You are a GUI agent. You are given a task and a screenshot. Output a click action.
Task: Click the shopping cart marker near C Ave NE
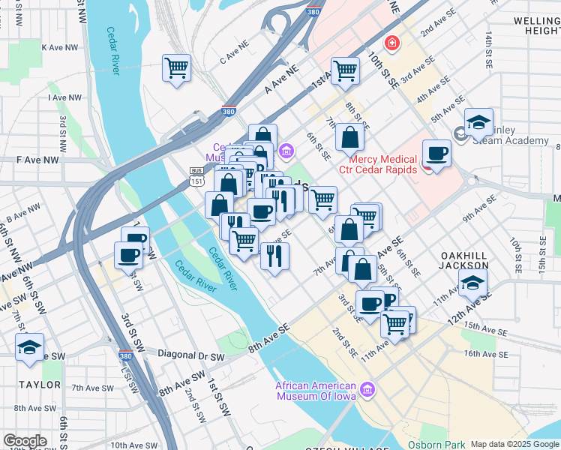tap(177, 68)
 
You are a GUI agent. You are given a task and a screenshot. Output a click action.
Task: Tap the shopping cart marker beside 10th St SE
tap(345, 71)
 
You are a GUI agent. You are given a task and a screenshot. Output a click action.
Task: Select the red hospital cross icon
tap(391, 42)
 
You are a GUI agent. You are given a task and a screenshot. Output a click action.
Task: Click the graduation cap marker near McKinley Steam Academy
tap(478, 122)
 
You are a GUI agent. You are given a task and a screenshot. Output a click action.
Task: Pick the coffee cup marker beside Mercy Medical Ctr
tap(436, 154)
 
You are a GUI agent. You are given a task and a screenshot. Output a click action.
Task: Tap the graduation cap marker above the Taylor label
tap(30, 348)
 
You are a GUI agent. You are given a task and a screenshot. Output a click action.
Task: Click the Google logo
tap(24, 441)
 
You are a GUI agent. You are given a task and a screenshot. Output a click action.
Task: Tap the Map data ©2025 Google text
tap(514, 444)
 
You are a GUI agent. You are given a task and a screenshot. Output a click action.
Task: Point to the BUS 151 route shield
tap(196, 176)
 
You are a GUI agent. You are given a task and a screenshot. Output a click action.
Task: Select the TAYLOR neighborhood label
tap(40, 385)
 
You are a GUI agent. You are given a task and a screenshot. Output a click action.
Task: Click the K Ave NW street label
tap(61, 47)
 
